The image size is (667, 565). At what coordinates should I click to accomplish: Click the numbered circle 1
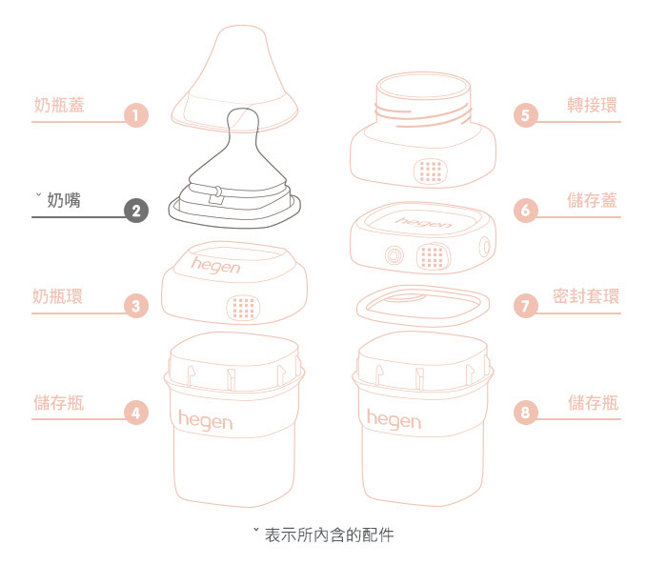pyautogui.click(x=137, y=116)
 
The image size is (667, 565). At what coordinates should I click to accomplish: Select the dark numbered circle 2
pyautogui.click(x=137, y=212)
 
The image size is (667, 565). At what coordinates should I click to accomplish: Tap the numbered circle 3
pyautogui.click(x=137, y=307)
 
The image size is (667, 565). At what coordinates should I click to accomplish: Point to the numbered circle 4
pyautogui.click(x=137, y=413)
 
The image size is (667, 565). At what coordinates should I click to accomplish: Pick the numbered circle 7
pyautogui.click(x=526, y=307)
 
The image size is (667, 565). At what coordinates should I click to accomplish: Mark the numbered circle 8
pyautogui.click(x=526, y=413)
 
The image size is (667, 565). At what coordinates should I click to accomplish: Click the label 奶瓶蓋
pyautogui.click(x=59, y=105)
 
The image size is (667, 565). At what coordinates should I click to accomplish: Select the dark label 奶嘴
pyautogui.click(x=64, y=201)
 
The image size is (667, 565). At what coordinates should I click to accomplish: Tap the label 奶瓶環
pyautogui.click(x=59, y=296)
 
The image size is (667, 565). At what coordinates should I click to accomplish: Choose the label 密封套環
pyautogui.click(x=586, y=296)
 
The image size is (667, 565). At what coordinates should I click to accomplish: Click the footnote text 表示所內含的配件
pyautogui.click(x=329, y=535)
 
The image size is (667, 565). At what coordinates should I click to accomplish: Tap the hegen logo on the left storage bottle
pyautogui.click(x=204, y=418)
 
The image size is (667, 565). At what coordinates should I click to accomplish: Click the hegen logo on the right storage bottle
pyautogui.click(x=393, y=418)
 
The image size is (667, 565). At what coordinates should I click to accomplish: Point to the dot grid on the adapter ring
pyautogui.click(x=431, y=171)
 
